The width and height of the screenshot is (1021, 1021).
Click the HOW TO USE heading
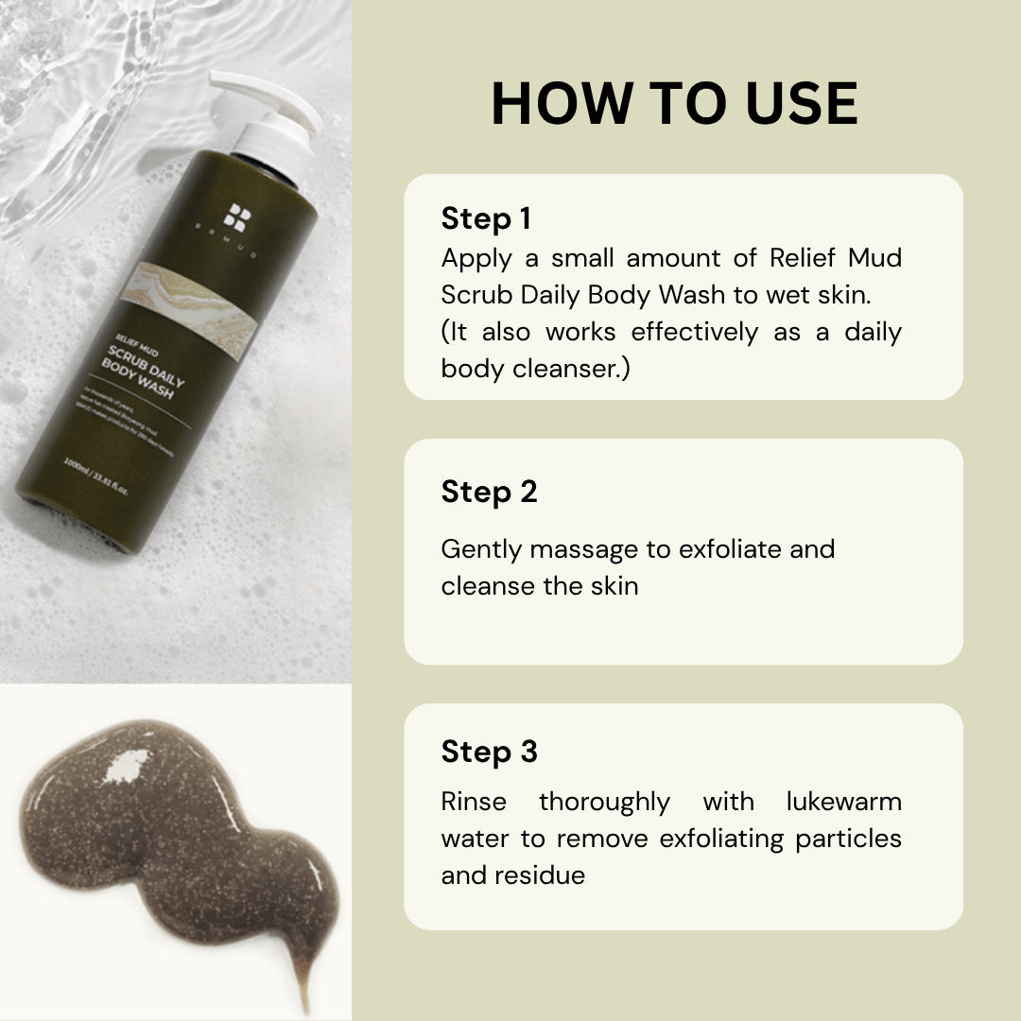click(674, 104)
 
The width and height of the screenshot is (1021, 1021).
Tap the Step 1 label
click(486, 219)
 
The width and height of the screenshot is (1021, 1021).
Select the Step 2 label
click(489, 492)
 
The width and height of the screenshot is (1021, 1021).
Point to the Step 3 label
click(489, 752)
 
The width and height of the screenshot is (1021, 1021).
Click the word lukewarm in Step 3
click(843, 802)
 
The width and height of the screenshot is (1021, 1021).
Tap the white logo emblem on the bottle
click(235, 216)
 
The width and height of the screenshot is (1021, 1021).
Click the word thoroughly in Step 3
click(604, 802)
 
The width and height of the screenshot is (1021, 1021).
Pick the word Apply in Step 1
click(476, 258)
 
